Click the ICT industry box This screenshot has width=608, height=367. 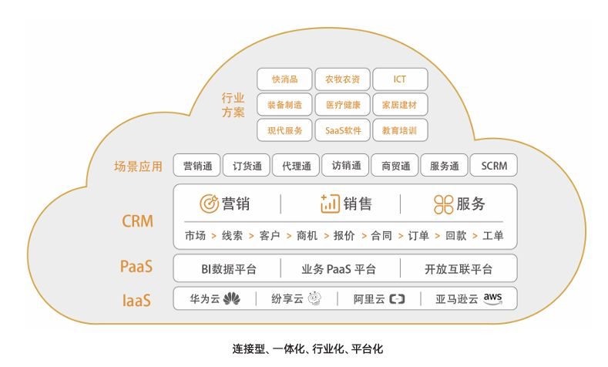point(400,79)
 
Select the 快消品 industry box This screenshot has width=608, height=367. point(284,79)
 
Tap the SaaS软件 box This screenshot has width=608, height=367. point(342,130)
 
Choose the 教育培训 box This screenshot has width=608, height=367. point(400,130)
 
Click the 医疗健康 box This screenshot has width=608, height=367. point(342,105)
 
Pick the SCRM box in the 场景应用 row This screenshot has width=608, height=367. point(494,166)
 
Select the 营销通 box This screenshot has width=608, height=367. point(197,166)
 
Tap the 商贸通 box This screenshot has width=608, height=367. point(395,166)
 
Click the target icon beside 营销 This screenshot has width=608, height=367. point(209,204)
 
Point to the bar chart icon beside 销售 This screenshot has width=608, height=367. point(330,204)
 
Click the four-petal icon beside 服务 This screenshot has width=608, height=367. point(444,204)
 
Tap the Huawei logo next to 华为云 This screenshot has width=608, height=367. point(231,298)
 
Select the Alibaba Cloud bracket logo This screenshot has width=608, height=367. point(397,299)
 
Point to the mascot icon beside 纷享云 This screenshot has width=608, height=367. point(315,298)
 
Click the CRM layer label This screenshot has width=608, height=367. point(138,221)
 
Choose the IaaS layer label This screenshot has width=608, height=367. point(136,301)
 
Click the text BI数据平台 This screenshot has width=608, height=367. point(229,269)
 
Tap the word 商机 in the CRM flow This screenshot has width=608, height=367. point(307,235)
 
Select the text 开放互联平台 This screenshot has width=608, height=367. point(459,269)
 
